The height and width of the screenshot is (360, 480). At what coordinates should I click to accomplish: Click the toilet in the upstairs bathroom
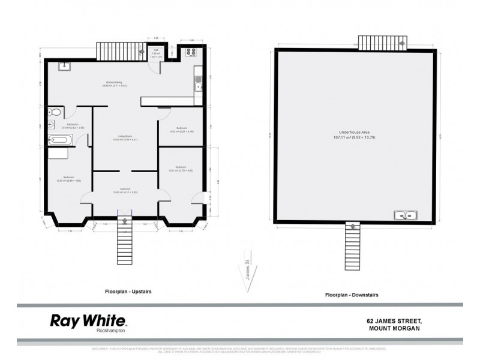click(x=55, y=112)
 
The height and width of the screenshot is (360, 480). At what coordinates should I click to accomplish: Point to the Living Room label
click(x=125, y=137)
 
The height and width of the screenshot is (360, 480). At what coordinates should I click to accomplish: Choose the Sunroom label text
click(x=125, y=190)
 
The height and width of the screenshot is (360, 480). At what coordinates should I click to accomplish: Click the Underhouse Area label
click(x=358, y=134)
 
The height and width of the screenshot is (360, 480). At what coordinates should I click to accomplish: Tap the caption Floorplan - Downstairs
click(x=351, y=295)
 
